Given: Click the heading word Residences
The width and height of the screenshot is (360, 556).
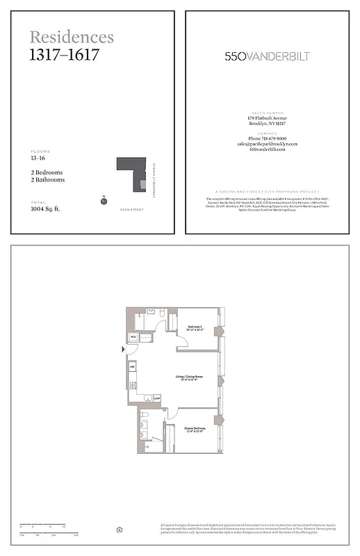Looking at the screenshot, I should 72,38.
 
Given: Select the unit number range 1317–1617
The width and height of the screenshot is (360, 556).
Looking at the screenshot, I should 64,55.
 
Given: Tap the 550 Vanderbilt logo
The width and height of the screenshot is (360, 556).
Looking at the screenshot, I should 267,56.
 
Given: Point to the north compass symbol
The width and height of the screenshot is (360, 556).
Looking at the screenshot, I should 103,201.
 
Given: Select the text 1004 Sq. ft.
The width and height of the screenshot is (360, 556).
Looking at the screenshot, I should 45,208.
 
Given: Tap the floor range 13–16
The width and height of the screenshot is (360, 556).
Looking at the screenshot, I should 39,158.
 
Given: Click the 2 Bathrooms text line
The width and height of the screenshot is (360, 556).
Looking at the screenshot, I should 47,180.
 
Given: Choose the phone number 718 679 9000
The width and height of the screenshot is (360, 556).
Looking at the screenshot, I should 267,138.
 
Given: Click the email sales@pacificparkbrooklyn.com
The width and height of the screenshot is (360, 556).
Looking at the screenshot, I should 267,144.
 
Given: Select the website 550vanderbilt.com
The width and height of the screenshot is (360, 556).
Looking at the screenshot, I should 267,150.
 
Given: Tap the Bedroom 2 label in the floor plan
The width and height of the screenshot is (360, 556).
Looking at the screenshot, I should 195,327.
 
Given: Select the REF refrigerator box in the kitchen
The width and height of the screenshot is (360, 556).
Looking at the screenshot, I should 131,366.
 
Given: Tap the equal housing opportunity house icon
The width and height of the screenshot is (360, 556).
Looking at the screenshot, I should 120,530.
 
